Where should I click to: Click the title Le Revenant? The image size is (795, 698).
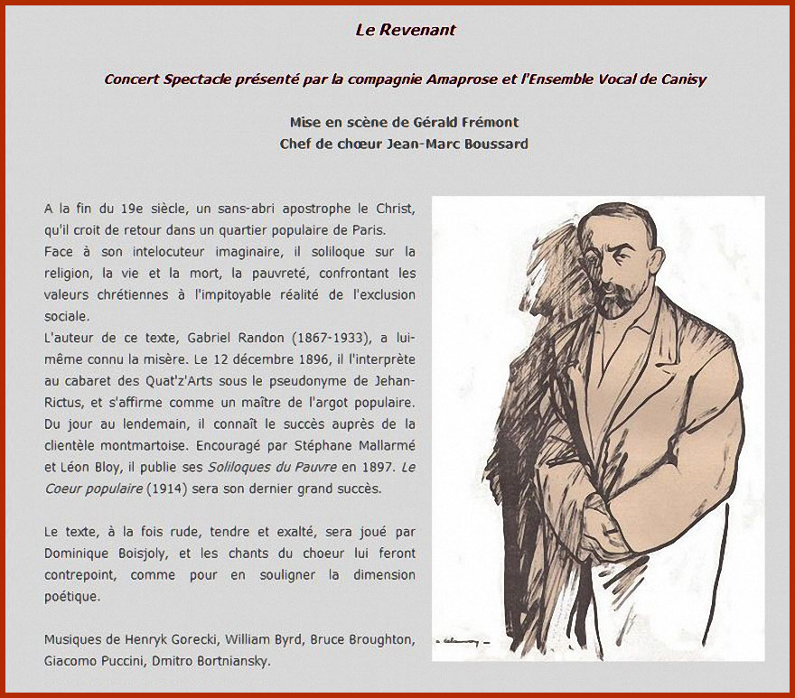pyautogui.click(x=406, y=30)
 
